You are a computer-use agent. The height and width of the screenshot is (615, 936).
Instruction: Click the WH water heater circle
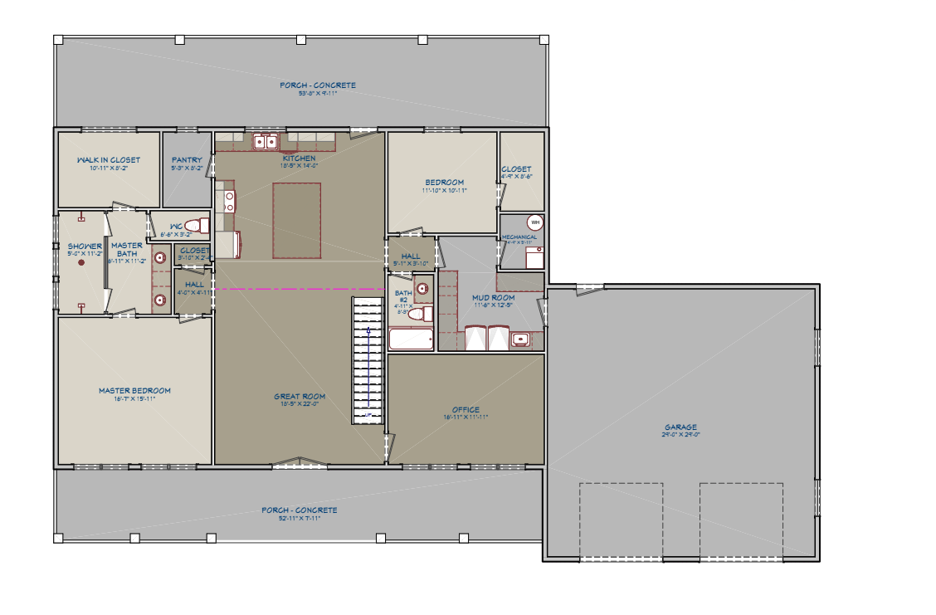(x=534, y=222)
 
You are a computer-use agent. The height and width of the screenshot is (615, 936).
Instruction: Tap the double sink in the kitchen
(x=266, y=142)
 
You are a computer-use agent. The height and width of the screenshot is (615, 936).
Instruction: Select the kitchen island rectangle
(x=296, y=220)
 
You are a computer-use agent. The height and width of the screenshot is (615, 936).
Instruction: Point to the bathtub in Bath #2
(x=411, y=339)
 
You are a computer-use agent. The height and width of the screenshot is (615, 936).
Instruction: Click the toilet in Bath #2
(x=423, y=313)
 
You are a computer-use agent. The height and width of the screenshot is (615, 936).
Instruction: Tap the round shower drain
(x=81, y=263)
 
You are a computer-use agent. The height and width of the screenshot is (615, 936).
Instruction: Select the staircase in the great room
(x=367, y=360)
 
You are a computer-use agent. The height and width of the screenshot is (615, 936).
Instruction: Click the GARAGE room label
(x=680, y=427)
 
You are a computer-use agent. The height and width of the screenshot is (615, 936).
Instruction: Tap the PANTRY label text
(x=187, y=160)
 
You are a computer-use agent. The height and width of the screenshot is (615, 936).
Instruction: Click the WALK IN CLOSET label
(x=109, y=160)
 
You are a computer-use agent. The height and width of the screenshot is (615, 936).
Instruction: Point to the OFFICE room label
(x=466, y=410)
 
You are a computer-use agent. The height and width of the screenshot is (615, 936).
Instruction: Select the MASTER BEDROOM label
(x=134, y=391)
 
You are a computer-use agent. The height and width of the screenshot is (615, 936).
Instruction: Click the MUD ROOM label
(x=494, y=297)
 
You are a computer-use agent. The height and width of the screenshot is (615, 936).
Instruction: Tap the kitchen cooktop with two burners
(x=227, y=201)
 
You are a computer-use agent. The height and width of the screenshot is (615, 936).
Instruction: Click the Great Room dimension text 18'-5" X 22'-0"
(x=300, y=404)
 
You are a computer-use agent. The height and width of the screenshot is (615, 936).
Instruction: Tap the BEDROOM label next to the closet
(x=445, y=183)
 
